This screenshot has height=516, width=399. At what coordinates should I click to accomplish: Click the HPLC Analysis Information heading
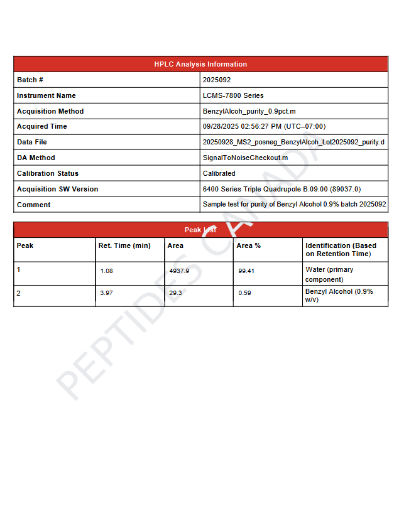pos(200,64)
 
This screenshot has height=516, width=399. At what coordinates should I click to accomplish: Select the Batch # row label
pos(30,80)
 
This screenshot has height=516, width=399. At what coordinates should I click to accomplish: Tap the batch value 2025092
pos(217,80)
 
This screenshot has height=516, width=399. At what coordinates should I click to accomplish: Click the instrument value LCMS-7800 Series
pos(233,95)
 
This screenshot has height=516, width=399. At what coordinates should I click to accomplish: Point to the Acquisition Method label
pos(50,111)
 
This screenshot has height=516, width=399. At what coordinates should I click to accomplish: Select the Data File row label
pos(32,142)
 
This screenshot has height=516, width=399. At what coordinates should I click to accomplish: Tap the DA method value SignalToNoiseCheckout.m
pos(245,158)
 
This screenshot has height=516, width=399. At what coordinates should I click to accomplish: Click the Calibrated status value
pos(219,173)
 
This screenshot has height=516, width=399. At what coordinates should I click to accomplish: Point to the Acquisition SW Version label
pos(57,189)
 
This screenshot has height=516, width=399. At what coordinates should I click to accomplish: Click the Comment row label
pos(34,205)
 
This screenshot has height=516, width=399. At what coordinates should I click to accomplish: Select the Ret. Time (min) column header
pos(124,245)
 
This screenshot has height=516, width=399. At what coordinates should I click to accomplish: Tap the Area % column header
pos(248,245)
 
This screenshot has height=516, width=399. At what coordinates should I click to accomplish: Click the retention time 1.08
pos(106,271)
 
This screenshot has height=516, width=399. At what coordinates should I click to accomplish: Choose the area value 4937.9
pos(179,271)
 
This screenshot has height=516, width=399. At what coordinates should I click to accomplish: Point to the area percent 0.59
pos(244,293)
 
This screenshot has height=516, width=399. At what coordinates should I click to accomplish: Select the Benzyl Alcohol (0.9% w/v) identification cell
pos(339,296)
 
